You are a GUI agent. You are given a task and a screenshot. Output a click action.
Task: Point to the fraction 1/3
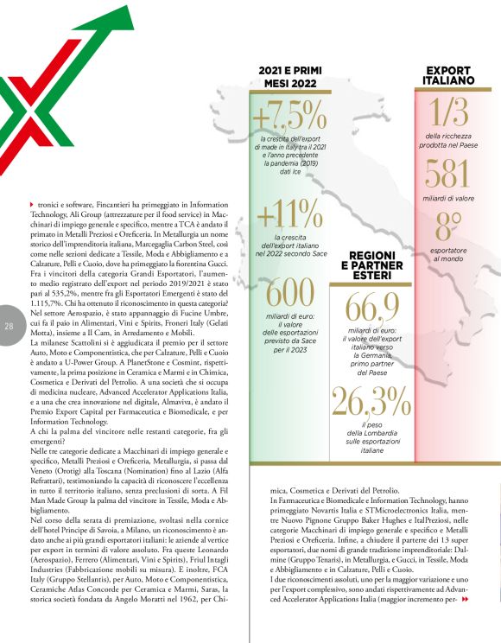pyautogui.click(x=448, y=111)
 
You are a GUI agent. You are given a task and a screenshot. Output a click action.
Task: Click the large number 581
pyautogui.click(x=447, y=175)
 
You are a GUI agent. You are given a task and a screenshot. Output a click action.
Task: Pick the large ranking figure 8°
pyautogui.click(x=447, y=228)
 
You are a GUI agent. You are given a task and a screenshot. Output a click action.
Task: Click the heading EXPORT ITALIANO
pyautogui.click(x=448, y=74)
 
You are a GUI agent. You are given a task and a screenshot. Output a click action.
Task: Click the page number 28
pyautogui.click(x=9, y=326)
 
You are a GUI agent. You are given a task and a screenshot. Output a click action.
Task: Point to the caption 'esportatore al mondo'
pyautogui.click(x=447, y=253)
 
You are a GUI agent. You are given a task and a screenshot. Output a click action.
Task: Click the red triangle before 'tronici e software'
pyautogui.click(x=32, y=203)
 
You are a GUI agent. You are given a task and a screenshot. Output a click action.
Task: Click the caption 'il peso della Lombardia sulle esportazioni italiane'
pyautogui.click(x=371, y=437)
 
